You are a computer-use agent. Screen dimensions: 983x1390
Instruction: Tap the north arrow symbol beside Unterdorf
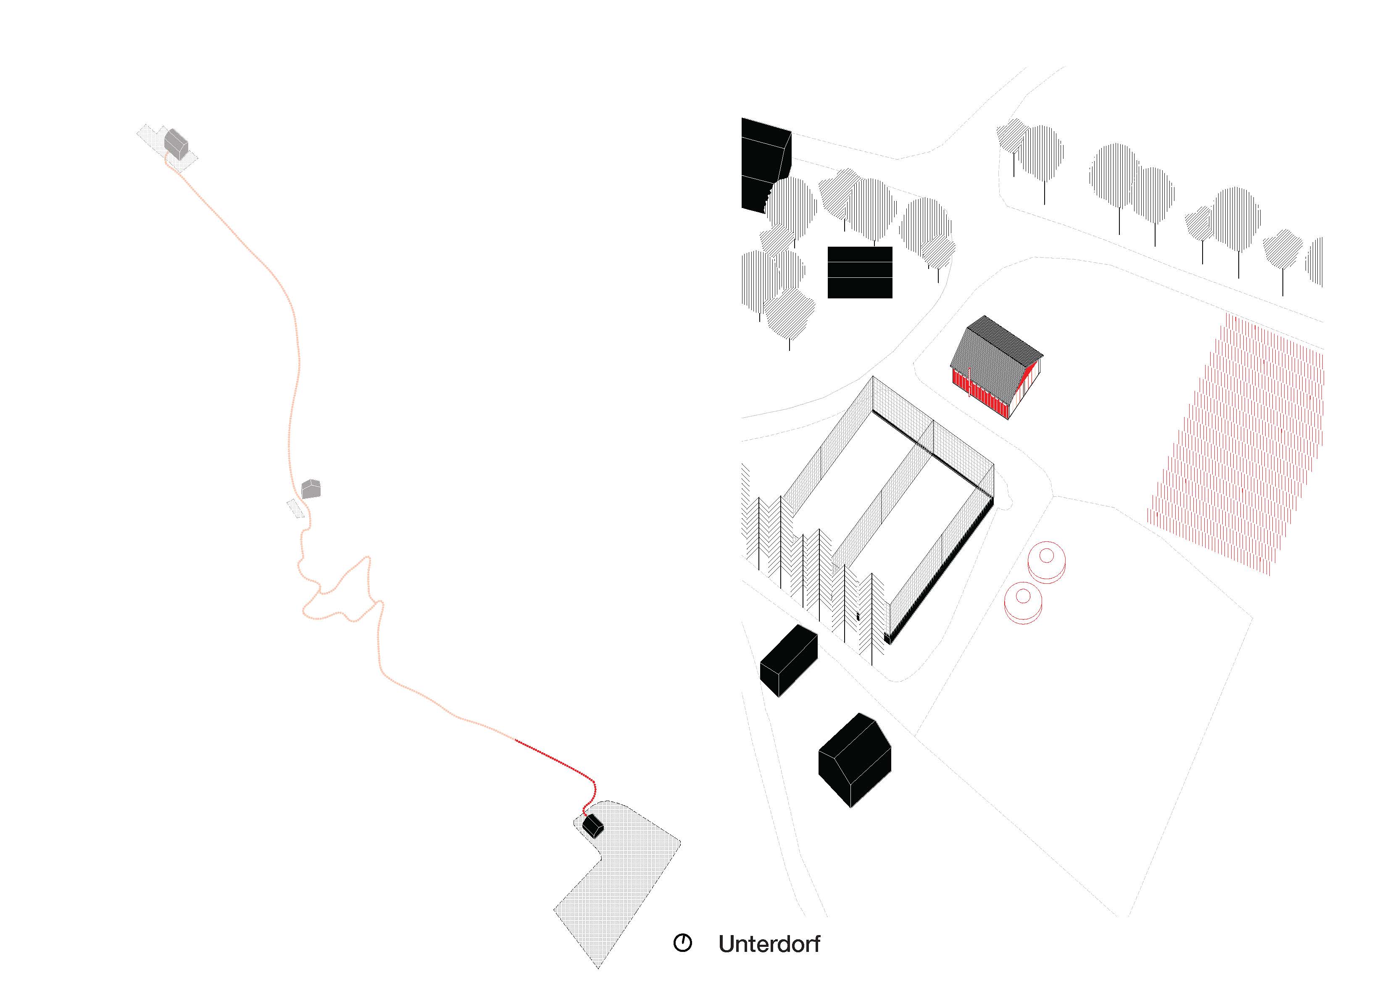682,943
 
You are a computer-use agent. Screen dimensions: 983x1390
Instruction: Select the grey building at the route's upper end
176,144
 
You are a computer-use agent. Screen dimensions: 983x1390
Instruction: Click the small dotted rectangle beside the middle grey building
295,509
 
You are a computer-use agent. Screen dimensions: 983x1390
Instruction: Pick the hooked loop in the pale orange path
345,590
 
